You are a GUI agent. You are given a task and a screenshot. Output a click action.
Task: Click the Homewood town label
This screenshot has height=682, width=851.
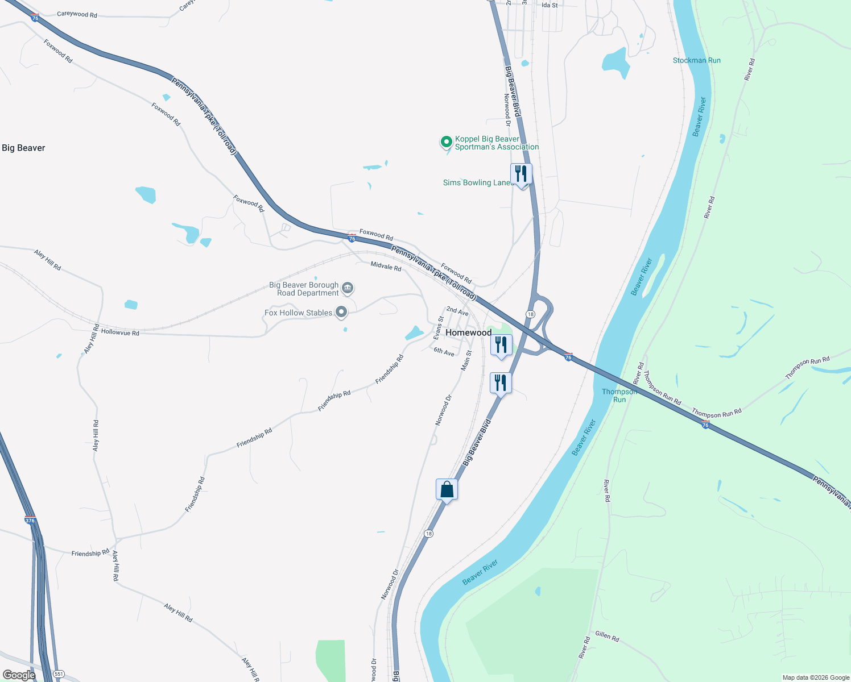pos(468,332)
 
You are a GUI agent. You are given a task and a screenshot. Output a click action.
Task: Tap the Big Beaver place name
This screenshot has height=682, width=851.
pos(23,148)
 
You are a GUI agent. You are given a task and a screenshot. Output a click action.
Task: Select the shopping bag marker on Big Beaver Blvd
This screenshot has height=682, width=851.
pos(447,489)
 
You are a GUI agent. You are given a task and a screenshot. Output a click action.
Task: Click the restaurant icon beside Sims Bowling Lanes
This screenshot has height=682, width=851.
pos(521,174)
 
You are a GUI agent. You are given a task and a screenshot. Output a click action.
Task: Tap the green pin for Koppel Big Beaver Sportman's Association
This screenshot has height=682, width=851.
pos(447,142)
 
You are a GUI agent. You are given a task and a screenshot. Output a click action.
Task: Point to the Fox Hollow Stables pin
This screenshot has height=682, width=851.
pos(341,312)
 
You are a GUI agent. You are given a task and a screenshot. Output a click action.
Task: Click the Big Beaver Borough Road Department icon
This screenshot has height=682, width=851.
pos(348,288)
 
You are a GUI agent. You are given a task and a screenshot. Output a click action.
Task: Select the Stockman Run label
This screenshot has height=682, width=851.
pos(696,60)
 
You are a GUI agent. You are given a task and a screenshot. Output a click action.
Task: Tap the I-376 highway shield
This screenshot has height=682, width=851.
pos(30,521)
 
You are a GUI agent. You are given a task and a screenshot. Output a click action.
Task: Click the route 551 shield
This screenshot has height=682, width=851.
pos(58,674)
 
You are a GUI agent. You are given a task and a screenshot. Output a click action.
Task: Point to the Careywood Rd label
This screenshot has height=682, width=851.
pos(77,14)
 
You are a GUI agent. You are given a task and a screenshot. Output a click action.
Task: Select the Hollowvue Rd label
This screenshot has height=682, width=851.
pos(120,332)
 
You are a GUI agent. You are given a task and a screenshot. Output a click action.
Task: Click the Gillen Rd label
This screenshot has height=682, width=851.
pos(607,636)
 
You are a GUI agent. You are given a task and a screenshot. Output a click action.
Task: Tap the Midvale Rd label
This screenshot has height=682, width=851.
pos(386,266)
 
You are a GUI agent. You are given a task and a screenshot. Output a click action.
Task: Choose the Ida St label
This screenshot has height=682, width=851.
pos(550,5)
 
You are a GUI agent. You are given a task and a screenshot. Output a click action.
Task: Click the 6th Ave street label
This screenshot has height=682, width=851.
pos(444,352)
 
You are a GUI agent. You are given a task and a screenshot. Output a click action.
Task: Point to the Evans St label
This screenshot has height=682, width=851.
pos(438,328)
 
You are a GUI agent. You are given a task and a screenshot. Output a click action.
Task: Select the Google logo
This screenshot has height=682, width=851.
pos(19,675)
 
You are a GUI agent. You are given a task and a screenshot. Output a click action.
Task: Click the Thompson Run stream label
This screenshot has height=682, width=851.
pos(619,396)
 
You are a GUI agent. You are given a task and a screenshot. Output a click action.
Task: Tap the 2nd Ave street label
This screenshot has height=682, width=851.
pos(457,311)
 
